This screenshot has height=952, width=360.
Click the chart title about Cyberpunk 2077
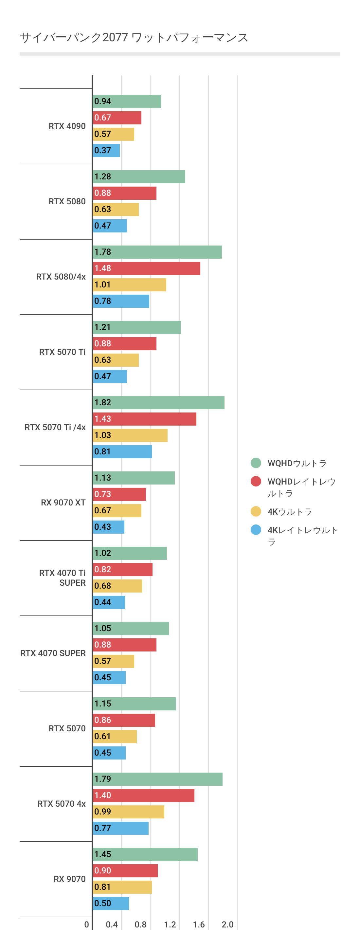[134, 37]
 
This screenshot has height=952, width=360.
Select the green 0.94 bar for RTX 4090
[127, 101]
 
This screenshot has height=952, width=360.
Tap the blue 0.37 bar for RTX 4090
[106, 150]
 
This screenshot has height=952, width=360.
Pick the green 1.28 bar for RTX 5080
[139, 177]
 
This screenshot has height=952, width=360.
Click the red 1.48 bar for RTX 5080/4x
[146, 268]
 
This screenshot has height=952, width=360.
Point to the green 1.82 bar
[158, 402]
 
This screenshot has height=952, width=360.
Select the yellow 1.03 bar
[130, 435]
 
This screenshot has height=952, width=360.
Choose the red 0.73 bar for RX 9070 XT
[119, 494]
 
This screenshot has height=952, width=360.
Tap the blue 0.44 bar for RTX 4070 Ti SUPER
[109, 602]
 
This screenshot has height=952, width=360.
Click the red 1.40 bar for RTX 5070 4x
[143, 795]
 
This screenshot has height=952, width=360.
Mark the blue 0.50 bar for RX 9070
[111, 903]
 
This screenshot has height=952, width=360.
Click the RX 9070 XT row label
[63, 503]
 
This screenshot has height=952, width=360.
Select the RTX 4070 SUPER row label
[53, 653]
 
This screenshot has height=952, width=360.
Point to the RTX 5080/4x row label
[61, 277]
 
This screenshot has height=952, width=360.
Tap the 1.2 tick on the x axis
[170, 924]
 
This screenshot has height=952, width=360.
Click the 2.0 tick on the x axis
[227, 924]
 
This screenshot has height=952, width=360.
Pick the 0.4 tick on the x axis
[112, 924]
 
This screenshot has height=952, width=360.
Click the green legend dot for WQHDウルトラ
[256, 463]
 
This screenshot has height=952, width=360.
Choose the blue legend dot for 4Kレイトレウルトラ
[256, 530]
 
